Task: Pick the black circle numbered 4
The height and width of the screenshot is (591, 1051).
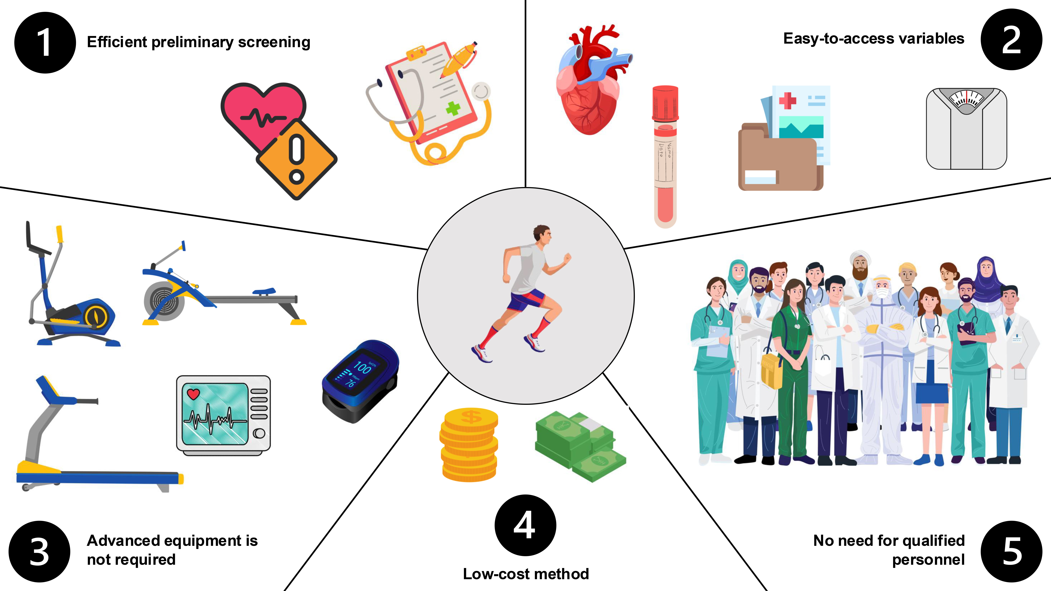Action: pos(525,525)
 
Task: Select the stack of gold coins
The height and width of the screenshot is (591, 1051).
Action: pos(469,445)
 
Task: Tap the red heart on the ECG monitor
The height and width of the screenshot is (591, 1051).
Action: pos(193,394)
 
